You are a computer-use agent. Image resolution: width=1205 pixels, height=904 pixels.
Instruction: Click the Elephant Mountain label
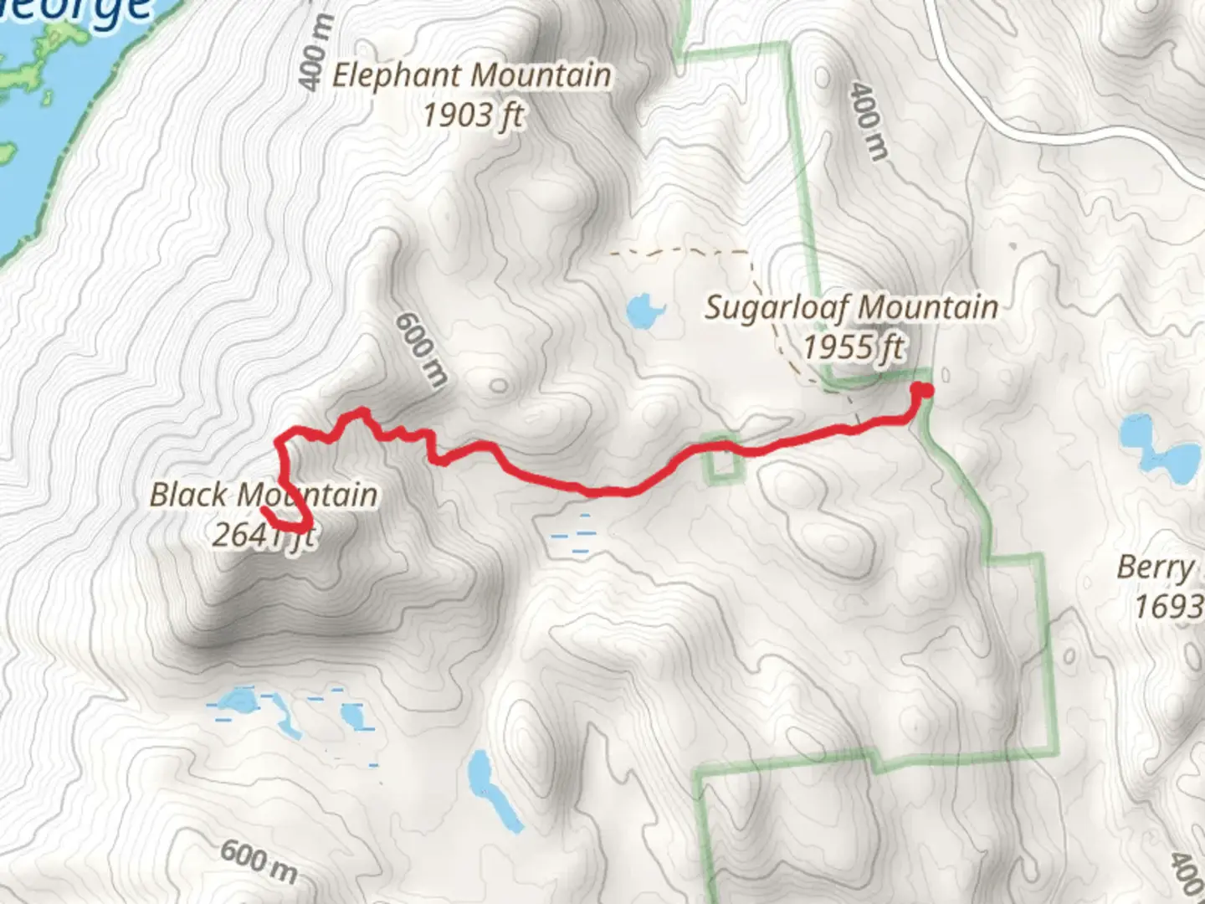coord(471,75)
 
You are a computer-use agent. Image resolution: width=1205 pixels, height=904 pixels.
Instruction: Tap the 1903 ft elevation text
coord(473,115)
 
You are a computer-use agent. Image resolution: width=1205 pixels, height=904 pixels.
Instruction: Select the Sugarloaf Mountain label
coord(851,307)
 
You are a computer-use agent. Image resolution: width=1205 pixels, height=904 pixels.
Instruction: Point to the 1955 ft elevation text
coord(853,346)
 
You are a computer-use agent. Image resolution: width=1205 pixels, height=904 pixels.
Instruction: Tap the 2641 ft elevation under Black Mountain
coord(261,534)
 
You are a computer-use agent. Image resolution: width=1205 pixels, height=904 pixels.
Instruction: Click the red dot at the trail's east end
coord(924,389)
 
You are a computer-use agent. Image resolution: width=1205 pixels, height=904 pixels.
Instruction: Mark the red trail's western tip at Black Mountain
coord(264,509)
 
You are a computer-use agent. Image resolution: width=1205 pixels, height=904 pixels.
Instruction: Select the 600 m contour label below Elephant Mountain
coord(419,349)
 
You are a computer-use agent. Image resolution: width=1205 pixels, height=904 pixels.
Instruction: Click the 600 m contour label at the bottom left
coord(259,862)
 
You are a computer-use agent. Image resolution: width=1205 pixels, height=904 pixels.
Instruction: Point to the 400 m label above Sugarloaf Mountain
coord(867,120)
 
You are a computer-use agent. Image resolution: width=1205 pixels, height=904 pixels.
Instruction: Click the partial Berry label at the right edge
coord(1155,568)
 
